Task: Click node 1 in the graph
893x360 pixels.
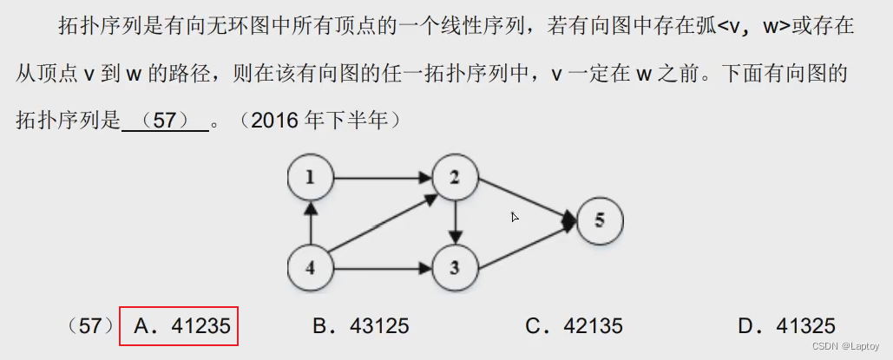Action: point(310,179)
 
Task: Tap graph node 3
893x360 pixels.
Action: point(456,266)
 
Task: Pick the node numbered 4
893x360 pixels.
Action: point(310,266)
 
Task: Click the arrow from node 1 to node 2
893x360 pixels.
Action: point(383,179)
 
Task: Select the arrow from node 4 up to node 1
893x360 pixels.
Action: point(310,222)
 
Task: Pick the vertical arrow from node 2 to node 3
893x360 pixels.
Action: point(456,222)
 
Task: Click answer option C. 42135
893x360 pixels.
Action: point(574,326)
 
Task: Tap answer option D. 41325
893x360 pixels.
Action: point(786,326)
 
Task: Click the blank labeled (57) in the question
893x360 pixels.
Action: point(165,121)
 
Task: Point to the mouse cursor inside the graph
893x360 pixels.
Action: point(515,217)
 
